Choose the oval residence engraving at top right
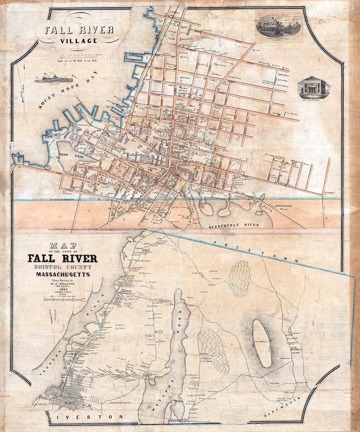(279, 25)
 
